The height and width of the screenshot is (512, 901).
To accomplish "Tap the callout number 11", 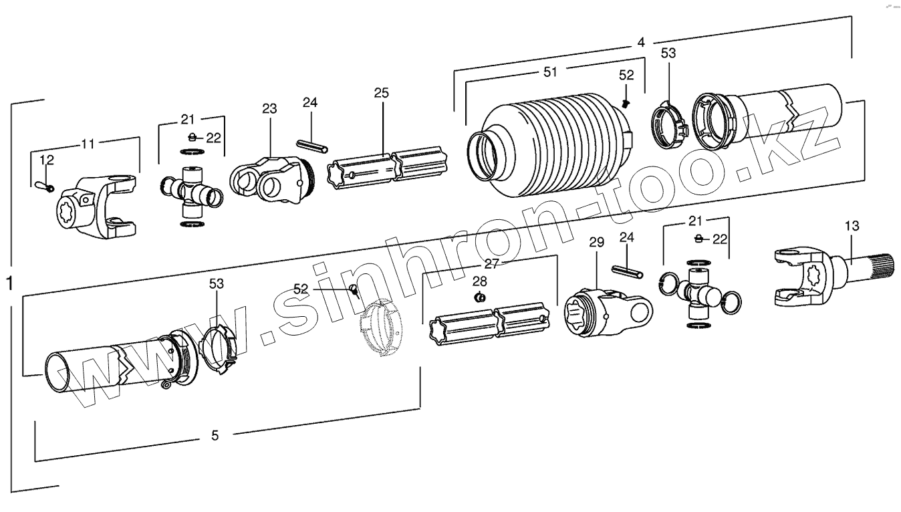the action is [x=88, y=143].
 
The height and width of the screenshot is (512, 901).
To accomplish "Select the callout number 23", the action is [x=269, y=109].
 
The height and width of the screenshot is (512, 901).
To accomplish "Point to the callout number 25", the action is [x=381, y=93].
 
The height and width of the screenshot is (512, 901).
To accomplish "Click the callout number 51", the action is [x=550, y=72].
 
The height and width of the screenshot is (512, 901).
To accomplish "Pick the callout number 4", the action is [x=640, y=42].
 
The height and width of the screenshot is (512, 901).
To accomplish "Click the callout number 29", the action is [x=596, y=241].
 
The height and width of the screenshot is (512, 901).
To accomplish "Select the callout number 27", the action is [x=492, y=263].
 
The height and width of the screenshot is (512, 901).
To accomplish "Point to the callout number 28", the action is [x=480, y=281].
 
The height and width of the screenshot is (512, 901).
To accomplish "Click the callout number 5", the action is [x=215, y=436].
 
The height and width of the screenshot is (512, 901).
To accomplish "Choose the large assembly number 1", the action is [x=9, y=283].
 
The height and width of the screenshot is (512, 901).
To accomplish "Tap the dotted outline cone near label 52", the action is [x=380, y=331].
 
